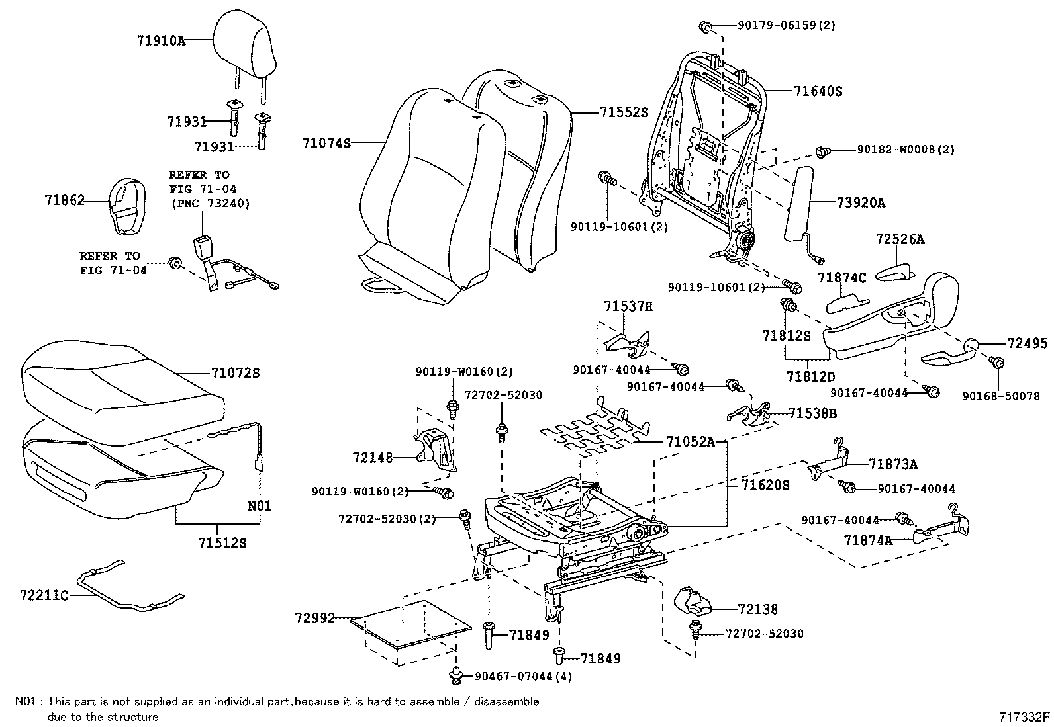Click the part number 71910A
coord(161,40)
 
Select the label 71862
coord(65,200)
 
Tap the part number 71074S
coord(326,143)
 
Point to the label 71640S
coord(818,91)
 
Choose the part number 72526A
coord(900,239)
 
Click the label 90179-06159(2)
coord(787,26)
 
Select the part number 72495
coord(1028,343)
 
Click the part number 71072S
coord(235,374)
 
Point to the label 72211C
coord(44,595)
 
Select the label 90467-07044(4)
coord(523,676)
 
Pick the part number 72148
coord(373,457)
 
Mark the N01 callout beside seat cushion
coord(260,506)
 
